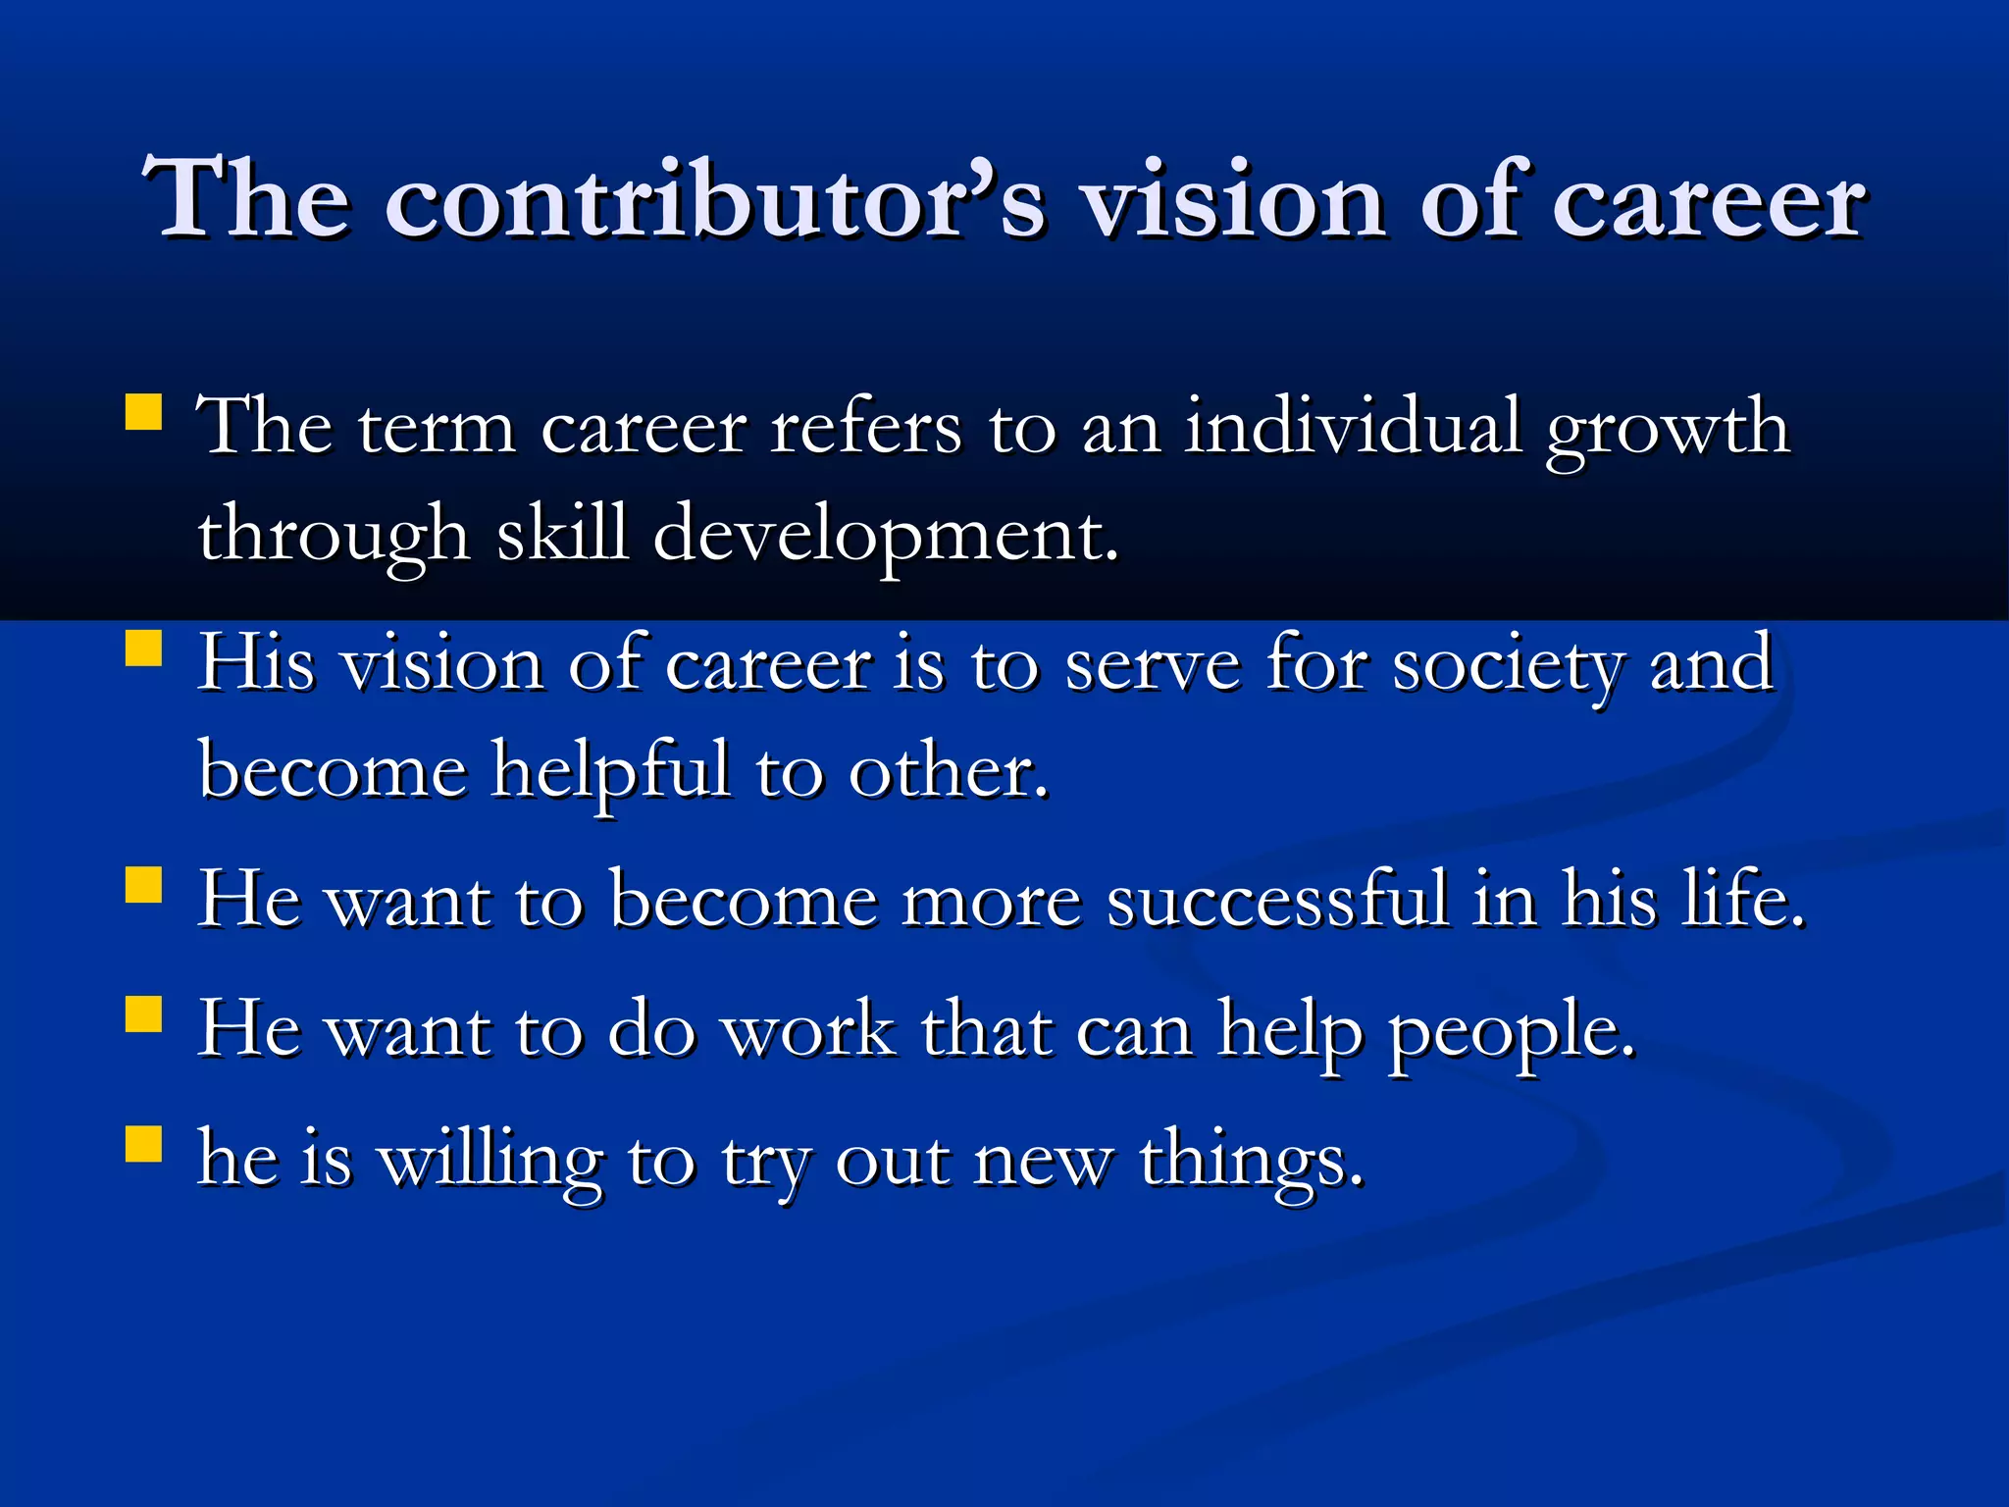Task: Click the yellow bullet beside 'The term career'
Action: [x=144, y=413]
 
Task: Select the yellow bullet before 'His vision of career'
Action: [x=144, y=649]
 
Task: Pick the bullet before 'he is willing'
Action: [x=144, y=1143]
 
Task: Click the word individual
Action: [x=1353, y=428]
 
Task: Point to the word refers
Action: [x=865, y=428]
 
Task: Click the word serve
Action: [x=1153, y=665]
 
